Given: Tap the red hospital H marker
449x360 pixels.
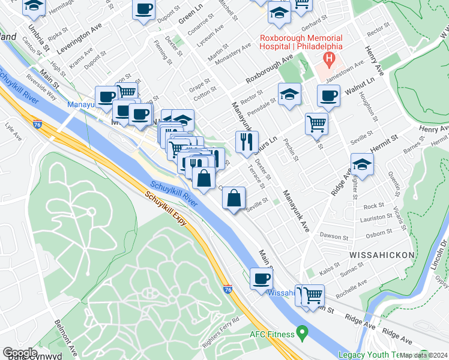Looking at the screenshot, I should (329, 59).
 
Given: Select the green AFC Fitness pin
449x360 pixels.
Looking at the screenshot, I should (303, 332).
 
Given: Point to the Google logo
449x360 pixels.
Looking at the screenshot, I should (20, 353).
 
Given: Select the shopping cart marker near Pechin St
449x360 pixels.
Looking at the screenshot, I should (316, 124).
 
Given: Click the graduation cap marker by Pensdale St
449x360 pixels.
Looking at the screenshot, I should (289, 94).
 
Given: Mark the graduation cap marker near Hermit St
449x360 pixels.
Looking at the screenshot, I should (362, 163).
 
